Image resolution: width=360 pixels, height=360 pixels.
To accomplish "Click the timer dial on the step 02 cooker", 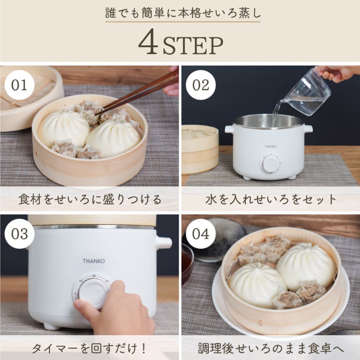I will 270,163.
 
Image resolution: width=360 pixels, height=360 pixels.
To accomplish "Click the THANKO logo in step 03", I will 94,260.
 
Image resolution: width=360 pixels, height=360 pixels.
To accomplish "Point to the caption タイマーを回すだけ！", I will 90,348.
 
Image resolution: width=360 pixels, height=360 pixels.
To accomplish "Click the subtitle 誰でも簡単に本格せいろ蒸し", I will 180,12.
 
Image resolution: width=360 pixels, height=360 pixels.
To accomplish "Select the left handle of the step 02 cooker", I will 229,130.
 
